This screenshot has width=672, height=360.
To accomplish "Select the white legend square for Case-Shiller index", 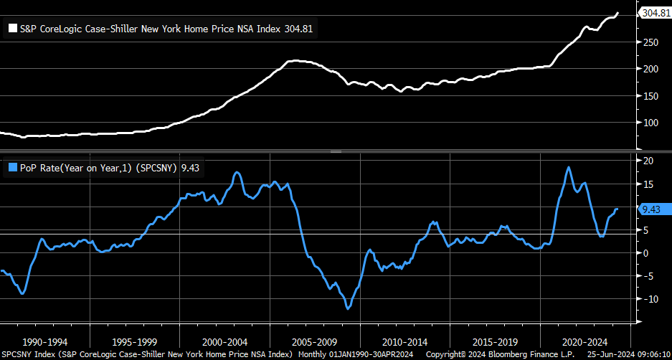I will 12,29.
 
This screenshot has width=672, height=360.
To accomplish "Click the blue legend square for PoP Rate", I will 12,168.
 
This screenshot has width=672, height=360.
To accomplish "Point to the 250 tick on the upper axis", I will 649,42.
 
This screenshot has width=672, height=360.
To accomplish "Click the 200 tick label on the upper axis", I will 649,69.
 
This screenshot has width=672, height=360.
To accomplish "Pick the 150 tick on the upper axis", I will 649,95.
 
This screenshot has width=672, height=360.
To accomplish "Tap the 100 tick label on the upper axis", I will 649,122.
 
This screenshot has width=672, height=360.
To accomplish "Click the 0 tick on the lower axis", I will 645,253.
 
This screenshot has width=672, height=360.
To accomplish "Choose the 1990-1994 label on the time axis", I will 44,343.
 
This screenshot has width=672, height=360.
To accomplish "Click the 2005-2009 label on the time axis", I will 315,343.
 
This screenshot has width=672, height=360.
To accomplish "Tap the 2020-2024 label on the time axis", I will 585,343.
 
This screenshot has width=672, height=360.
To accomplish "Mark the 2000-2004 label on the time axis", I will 225,343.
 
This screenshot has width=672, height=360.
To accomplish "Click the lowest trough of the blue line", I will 348,308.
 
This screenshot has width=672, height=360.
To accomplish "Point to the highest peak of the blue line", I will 568,167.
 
